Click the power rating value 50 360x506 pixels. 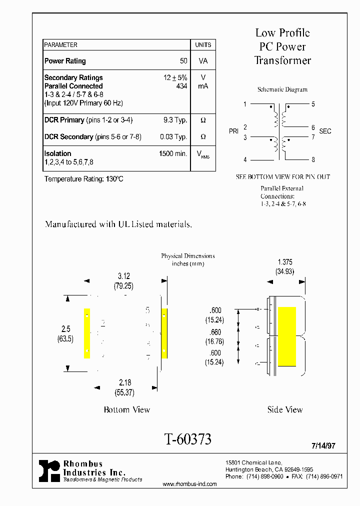183,61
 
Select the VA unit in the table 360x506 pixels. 203,61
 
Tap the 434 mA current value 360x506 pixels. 181,86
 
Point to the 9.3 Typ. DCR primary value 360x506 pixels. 175,120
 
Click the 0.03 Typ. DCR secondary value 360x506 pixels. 173,136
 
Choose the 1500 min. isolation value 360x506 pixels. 173,153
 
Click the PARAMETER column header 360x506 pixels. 61,45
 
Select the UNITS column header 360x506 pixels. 203,45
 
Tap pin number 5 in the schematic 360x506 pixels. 313,104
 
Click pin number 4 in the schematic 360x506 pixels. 245,160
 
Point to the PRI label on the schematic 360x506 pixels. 234,131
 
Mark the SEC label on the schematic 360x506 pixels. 325,131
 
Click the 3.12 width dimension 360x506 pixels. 123,275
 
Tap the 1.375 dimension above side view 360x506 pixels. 285,262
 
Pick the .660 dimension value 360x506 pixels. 215,332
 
